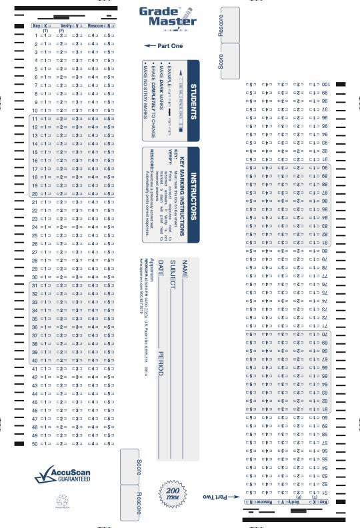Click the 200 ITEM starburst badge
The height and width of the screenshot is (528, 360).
(x=168, y=494)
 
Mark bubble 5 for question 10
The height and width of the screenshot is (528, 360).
(x=109, y=110)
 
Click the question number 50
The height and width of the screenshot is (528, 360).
(x=35, y=443)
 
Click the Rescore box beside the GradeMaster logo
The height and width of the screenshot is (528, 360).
(x=230, y=25)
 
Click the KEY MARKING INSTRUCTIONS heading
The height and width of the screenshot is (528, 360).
(x=182, y=194)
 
